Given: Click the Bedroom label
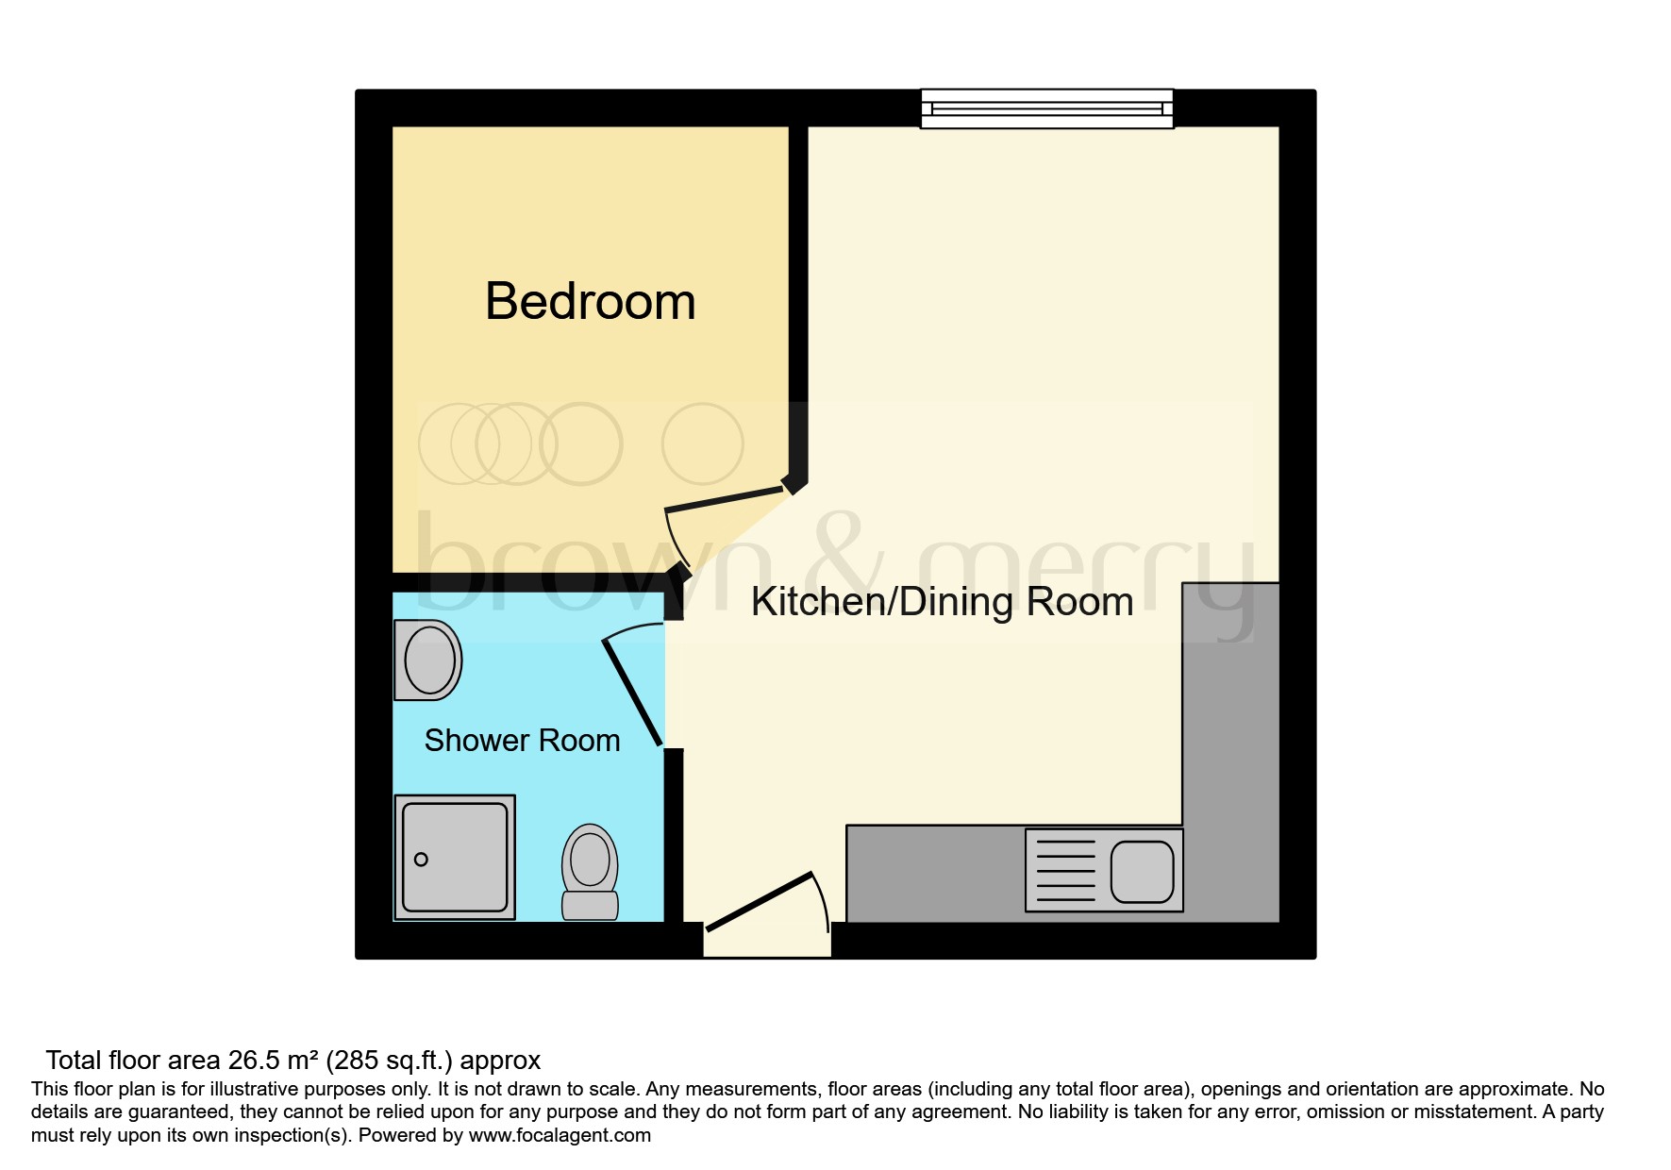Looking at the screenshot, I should pyautogui.click(x=590, y=302).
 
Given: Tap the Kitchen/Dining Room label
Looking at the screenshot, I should pyautogui.click(x=942, y=602).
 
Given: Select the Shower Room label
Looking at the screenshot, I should pyautogui.click(x=522, y=741).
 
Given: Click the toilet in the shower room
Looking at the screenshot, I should pyautogui.click(x=590, y=870).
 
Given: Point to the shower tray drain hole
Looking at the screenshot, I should pyautogui.click(x=421, y=860).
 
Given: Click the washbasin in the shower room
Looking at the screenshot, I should pyautogui.click(x=429, y=660).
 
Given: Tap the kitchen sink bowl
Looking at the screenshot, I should pyautogui.click(x=1142, y=872).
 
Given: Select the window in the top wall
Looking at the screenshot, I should pyautogui.click(x=1046, y=109).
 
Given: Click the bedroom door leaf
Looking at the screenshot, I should pyautogui.click(x=725, y=499).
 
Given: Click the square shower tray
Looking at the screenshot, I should pyautogui.click(x=455, y=857).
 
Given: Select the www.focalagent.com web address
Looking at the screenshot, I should pyautogui.click(x=560, y=1135).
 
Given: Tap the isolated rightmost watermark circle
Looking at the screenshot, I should pyautogui.click(x=702, y=443).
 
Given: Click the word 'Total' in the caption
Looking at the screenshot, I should pyautogui.click(x=74, y=1061).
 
